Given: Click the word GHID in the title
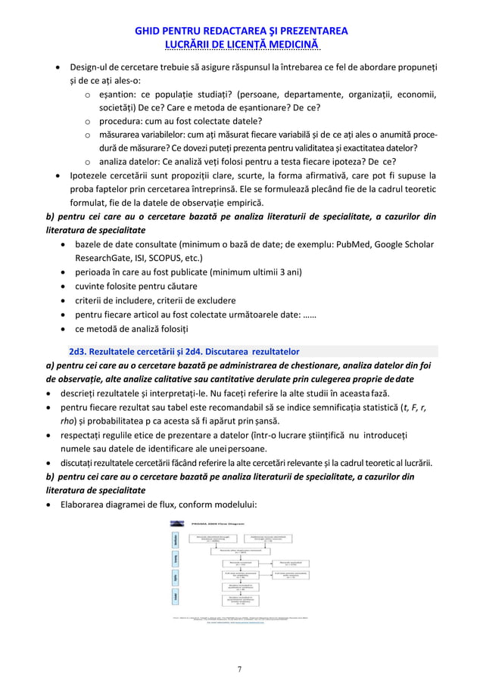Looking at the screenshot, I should tap(148, 31).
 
